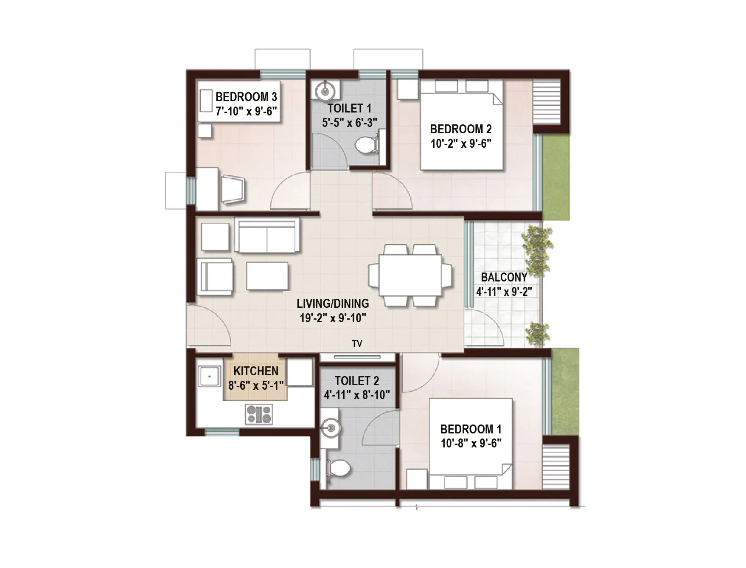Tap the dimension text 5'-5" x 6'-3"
349,123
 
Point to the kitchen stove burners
259,414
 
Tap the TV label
357,343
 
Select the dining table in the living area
410,275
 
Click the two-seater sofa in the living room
267,236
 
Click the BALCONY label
504,277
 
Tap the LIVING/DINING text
333,304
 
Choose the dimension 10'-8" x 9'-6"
471,443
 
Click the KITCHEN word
256,371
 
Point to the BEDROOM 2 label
461,129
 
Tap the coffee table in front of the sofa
267,276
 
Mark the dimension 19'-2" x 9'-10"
333,318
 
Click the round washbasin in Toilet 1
325,90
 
